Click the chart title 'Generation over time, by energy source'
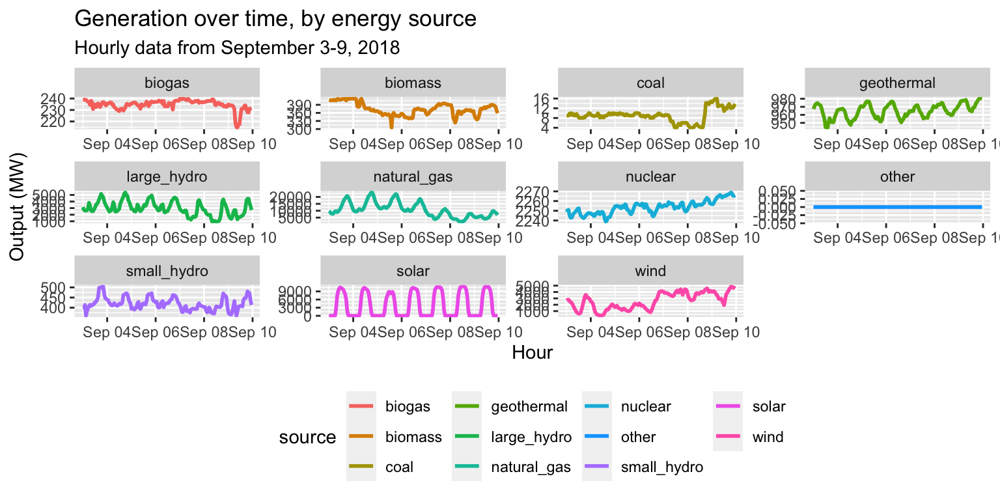tap(276, 19)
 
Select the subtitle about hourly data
tap(237, 48)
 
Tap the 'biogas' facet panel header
tap(167, 83)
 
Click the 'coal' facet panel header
tap(650, 83)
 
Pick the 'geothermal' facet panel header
tap(897, 83)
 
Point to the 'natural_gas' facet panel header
tap(413, 176)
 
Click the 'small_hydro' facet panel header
tap(167, 270)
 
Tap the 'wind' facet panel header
tap(650, 270)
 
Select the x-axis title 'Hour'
tap(532, 353)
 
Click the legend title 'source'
tap(307, 437)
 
